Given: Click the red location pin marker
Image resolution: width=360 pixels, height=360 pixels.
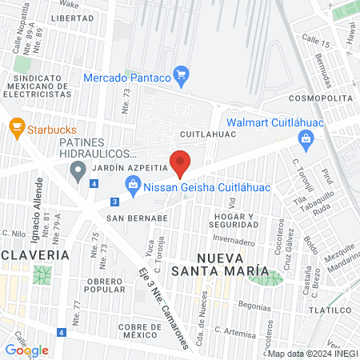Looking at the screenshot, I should pyautogui.click(x=181, y=162).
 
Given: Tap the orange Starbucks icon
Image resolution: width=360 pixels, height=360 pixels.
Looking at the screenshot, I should pyautogui.click(x=15, y=127).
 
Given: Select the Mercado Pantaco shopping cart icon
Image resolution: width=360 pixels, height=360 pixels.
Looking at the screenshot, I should pyautogui.click(x=181, y=77).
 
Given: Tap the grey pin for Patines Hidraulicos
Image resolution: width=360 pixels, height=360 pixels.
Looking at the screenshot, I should pyautogui.click(x=78, y=170).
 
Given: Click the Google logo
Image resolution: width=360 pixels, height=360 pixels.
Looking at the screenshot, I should pyautogui.click(x=26, y=350).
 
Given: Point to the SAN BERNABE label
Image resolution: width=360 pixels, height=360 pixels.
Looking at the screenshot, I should pyautogui.click(x=137, y=217).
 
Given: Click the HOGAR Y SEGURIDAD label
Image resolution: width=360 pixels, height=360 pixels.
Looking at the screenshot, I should pyautogui.click(x=230, y=220).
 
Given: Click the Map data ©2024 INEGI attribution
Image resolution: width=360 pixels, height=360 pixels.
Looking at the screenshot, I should pyautogui.click(x=312, y=354).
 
